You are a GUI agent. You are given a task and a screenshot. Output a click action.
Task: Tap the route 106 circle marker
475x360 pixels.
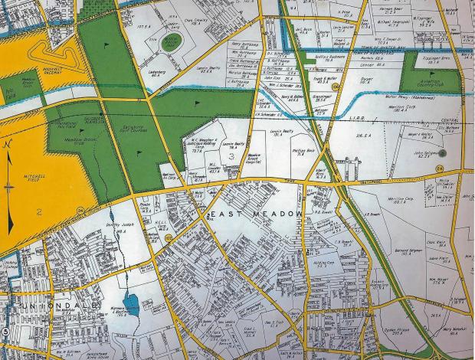point(336,87)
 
